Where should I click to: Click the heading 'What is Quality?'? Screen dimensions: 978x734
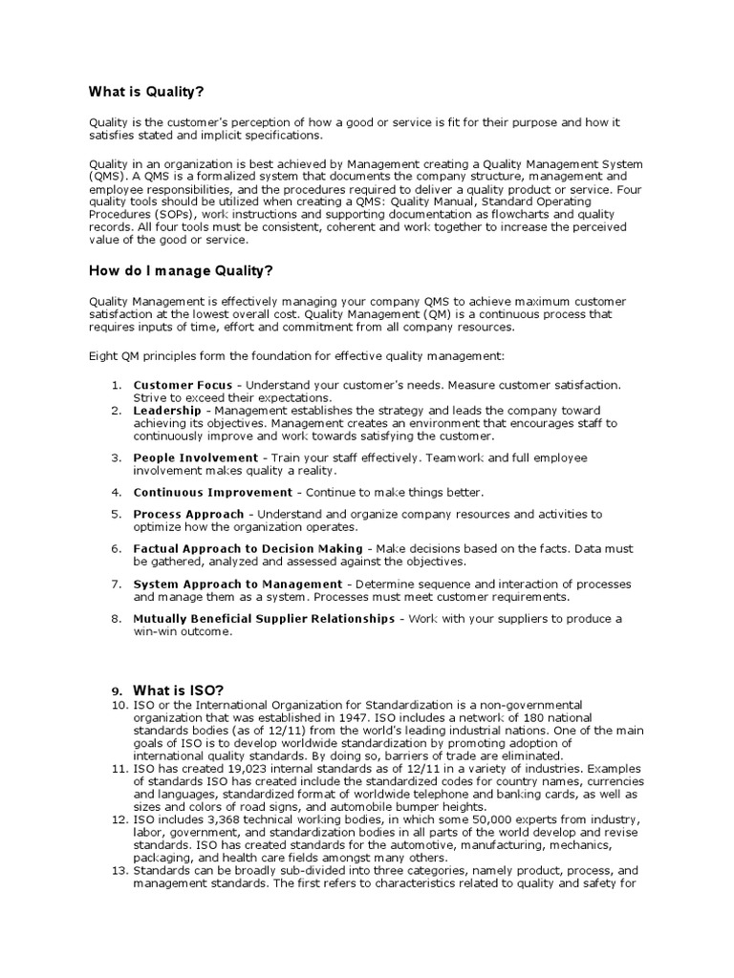point(146,92)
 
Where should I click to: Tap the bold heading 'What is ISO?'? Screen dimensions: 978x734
point(179,690)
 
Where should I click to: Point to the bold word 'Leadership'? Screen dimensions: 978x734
point(167,410)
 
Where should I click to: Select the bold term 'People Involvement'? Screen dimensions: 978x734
point(196,457)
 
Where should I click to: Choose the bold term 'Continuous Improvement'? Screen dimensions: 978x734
point(212,492)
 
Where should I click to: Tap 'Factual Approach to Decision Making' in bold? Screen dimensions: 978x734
point(248,548)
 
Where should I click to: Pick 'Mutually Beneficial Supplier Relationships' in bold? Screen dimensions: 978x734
point(264,619)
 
